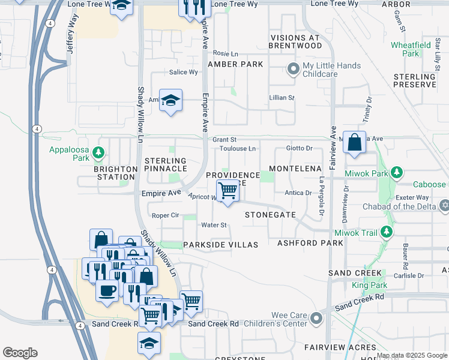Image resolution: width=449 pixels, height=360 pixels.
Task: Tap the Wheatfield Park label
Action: (414, 49)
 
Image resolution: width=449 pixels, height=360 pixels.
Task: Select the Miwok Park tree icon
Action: (396, 173)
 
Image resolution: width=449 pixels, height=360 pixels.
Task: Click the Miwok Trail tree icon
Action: (388, 232)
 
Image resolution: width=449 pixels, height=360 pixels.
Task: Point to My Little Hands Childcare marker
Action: (294, 70)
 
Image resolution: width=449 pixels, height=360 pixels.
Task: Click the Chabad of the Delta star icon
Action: (444, 206)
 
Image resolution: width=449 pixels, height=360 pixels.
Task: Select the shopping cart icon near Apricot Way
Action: (228, 191)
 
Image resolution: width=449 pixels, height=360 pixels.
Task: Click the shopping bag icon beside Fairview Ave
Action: (354, 143)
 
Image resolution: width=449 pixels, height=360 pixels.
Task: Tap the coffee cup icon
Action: (107, 290)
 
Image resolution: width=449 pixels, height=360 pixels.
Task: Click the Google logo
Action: (20, 353)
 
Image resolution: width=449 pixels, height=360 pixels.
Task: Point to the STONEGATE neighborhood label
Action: (270, 214)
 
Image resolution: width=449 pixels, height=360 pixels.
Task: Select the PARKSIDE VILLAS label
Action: (220, 245)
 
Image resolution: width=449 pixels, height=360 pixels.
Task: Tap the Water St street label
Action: (214, 225)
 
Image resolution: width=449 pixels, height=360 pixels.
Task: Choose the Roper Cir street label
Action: (166, 215)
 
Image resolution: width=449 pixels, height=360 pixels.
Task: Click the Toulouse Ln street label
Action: (237, 148)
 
